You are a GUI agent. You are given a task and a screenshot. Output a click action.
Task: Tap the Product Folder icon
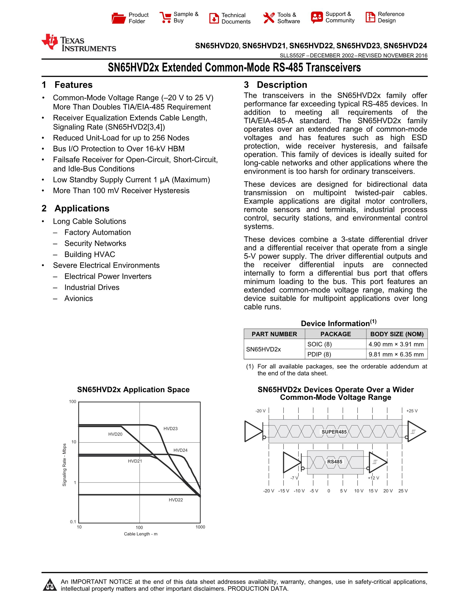[119, 18]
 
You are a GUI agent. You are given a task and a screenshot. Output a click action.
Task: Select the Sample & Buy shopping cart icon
[165, 17]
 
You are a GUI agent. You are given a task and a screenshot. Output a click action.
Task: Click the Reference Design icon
[370, 17]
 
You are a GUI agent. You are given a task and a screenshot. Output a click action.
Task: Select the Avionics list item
[79, 299]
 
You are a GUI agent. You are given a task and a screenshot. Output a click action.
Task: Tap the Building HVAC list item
[90, 254]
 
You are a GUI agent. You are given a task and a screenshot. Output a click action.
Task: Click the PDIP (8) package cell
[319, 354]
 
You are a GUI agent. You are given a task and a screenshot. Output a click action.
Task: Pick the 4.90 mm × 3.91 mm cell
[396, 344]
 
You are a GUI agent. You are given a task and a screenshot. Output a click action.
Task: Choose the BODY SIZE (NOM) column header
[397, 334]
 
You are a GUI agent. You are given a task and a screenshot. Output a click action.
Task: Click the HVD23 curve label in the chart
[170, 429]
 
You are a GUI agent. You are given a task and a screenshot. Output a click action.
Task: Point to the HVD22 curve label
[176, 500]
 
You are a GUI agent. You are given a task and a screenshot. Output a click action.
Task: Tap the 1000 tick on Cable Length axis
[200, 527]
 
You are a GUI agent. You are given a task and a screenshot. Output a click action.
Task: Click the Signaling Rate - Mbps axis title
[65, 465]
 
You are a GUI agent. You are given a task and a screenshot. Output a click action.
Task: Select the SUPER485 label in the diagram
[334, 432]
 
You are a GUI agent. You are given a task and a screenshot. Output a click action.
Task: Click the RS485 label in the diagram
[335, 462]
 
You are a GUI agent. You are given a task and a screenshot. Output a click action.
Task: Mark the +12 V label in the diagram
[373, 478]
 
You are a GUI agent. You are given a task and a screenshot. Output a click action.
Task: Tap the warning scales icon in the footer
[50, 585]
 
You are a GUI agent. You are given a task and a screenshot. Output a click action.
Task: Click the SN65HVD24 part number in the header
[405, 46]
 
